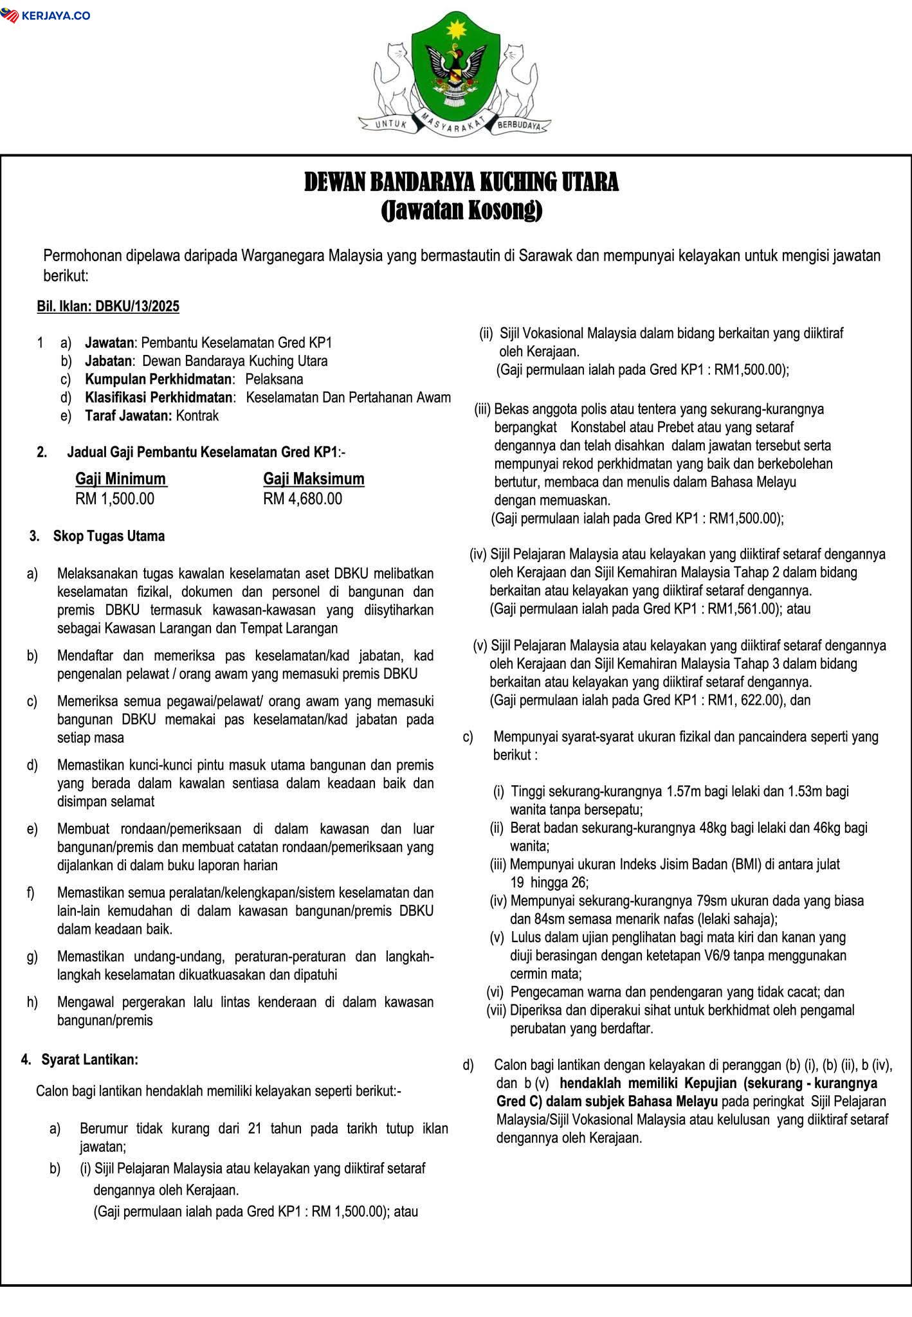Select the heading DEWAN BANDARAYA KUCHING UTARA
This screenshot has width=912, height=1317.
[x=461, y=183]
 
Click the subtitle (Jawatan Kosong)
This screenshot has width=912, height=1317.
[x=461, y=210]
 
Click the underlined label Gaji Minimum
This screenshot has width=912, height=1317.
[x=121, y=478]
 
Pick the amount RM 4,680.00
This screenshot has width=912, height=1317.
[x=303, y=498]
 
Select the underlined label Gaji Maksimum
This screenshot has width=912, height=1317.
[x=314, y=478]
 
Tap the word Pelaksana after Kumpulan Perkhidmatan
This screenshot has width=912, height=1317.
[x=274, y=379]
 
